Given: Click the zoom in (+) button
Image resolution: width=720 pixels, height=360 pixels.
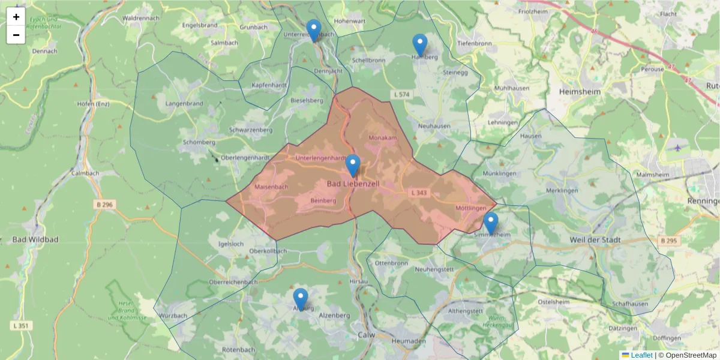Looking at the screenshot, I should coord(16,17).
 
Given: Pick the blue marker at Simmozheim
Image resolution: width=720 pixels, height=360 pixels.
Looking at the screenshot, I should coord(491,223).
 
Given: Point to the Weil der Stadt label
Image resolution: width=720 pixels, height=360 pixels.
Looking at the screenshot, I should coord(595,240).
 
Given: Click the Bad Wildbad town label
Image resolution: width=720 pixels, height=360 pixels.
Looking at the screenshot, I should coord(35,240).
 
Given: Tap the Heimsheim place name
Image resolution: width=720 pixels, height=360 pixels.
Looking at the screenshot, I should coord(579,92).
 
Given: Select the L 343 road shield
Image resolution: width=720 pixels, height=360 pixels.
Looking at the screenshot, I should coord(419,193).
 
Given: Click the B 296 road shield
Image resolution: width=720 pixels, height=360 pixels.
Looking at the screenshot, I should coord(104,205).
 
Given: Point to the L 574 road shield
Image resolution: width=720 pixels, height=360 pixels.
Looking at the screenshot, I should coord(401,95).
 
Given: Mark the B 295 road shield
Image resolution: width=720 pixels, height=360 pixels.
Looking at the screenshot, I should coord(668,241).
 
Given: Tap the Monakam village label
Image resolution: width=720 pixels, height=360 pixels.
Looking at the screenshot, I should coord(383,138).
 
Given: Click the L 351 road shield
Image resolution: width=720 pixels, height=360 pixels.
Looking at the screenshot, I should coord(22,325).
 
